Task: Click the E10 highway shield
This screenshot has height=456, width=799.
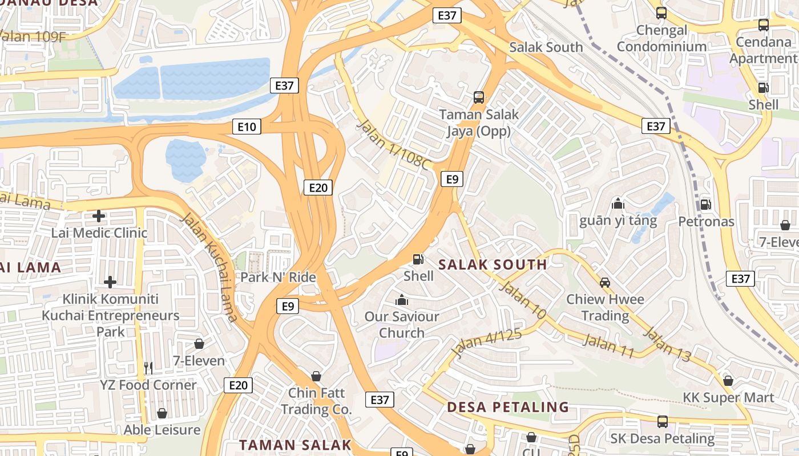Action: click(247, 126)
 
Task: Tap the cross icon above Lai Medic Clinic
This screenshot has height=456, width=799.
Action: click(99, 216)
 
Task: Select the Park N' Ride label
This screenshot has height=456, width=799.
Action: click(278, 278)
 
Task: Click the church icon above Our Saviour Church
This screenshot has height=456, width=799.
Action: click(402, 299)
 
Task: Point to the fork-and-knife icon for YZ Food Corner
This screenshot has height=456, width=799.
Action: click(148, 368)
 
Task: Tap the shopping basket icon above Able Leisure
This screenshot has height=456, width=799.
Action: click(162, 413)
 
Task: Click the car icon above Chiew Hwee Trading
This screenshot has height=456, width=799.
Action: click(605, 282)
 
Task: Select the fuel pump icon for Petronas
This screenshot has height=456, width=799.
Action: click(706, 204)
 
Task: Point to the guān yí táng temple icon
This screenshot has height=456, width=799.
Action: click(618, 203)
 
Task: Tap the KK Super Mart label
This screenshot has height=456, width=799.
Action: click(728, 397)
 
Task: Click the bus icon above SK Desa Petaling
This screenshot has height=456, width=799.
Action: click(662, 422)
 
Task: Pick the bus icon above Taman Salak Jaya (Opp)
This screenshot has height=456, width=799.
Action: click(478, 97)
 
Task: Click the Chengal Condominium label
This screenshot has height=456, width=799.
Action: click(661, 38)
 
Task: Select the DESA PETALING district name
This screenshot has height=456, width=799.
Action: click(508, 407)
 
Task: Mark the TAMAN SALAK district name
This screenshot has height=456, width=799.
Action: click(294, 445)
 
